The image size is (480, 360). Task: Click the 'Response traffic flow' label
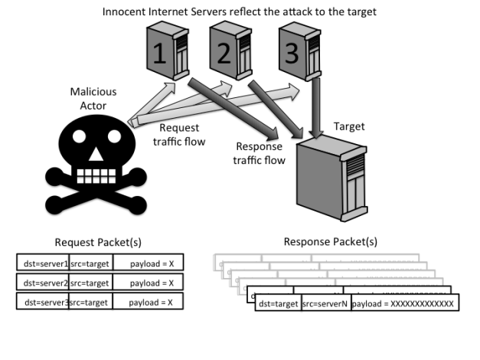coord(260,154)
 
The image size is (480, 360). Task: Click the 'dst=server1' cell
coord(43,263)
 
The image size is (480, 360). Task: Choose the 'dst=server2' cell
coord(43,283)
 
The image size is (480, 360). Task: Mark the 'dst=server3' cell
coord(43,302)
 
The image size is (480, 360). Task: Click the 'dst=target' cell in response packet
coord(278,304)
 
